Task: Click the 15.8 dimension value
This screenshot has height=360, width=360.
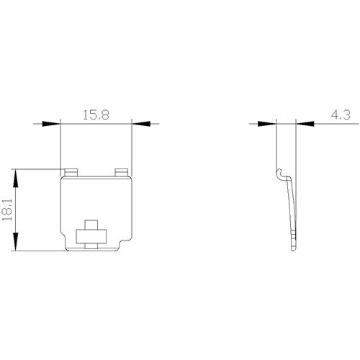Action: pos(96,115)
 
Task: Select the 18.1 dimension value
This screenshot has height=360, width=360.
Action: pos(7,210)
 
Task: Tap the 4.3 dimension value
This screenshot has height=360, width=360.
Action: pos(341,115)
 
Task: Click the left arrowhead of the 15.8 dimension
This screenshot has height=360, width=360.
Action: pos(51,124)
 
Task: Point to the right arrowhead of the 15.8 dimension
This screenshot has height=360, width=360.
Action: pos(141,124)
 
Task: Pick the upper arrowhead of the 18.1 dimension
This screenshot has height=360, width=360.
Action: pos(15,179)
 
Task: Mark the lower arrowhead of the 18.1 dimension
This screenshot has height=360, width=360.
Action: pos(15,242)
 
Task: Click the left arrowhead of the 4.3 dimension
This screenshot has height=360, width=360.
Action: pos(267,124)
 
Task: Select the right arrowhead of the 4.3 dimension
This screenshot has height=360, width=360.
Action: pos(305,124)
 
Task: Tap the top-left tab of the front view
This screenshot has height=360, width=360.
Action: pos(71,173)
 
